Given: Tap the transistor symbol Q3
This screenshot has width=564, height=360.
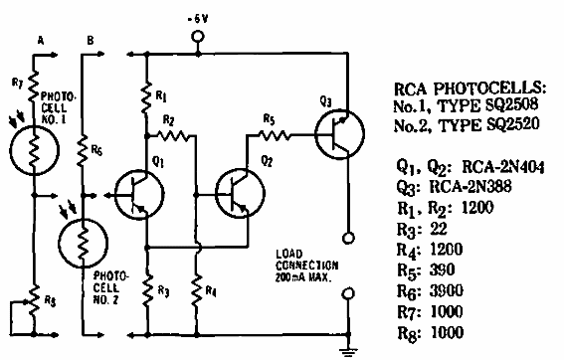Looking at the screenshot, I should (x=334, y=130).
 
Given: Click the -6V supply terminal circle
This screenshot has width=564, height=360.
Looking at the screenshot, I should (x=196, y=39).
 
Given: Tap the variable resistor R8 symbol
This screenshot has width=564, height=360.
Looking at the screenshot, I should (x=33, y=298).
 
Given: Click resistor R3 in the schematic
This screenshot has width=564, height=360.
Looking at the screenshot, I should (x=148, y=290).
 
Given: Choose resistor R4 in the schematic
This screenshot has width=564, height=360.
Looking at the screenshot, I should (x=196, y=290).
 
